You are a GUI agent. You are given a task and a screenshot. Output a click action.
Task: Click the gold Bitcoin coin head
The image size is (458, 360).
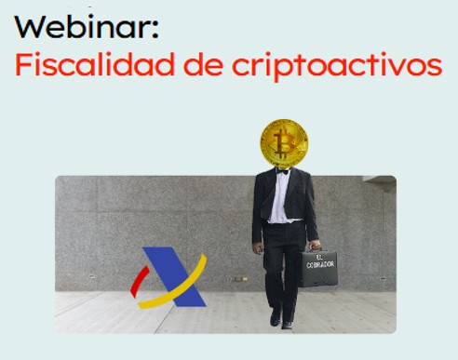pos(284,143)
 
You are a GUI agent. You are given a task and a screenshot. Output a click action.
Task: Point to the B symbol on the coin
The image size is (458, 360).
pos(284,144)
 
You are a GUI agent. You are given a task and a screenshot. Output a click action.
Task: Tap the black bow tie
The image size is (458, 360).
pos(282,171)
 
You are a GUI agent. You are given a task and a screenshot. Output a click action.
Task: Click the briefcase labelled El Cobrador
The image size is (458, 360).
pos(318,268)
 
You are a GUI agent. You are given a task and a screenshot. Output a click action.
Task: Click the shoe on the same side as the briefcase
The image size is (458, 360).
pos(289,325)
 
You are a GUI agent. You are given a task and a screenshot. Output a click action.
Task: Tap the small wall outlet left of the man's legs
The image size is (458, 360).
pos(240,278)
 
